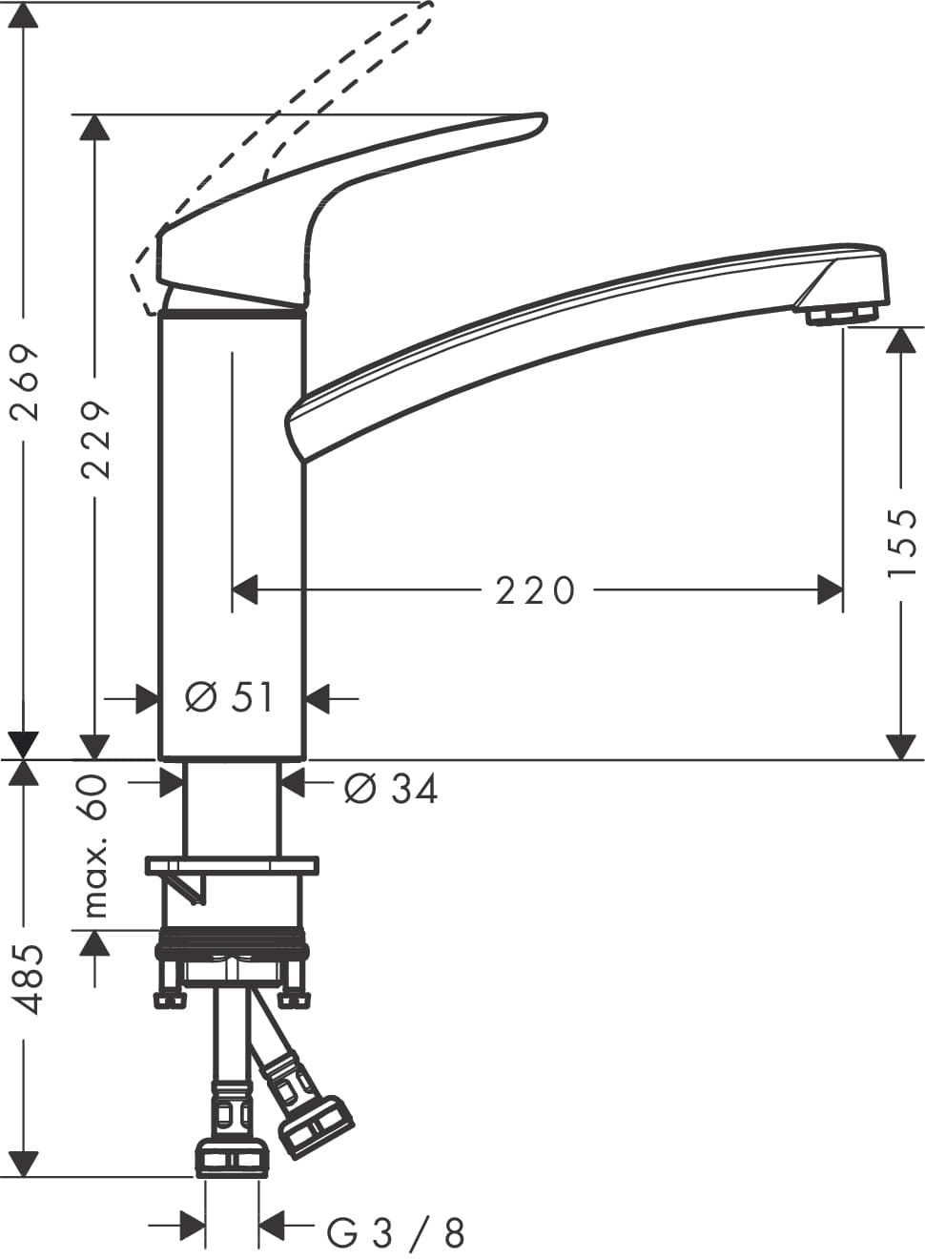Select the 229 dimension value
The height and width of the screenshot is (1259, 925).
[96, 439]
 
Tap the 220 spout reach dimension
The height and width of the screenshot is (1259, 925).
[535, 590]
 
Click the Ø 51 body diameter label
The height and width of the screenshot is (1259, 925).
[230, 698]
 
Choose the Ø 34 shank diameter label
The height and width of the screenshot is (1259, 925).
[391, 789]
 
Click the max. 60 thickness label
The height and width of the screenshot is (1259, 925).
[96, 847]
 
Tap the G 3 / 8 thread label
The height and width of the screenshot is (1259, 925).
[397, 1233]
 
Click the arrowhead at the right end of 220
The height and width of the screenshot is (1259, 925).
[831, 589]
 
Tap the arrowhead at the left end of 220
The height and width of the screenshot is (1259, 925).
[245, 589]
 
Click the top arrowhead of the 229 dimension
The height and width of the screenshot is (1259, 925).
[93, 128]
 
